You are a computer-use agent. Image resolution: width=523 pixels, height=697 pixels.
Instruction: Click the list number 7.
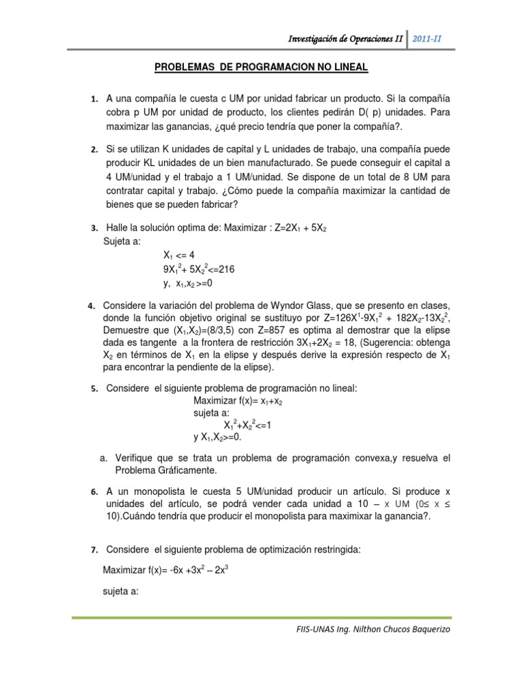click(95, 548)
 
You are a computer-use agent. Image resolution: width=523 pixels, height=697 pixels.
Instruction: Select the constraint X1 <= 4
click(179, 256)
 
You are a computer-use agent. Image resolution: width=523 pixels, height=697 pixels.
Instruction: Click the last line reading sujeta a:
click(121, 591)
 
